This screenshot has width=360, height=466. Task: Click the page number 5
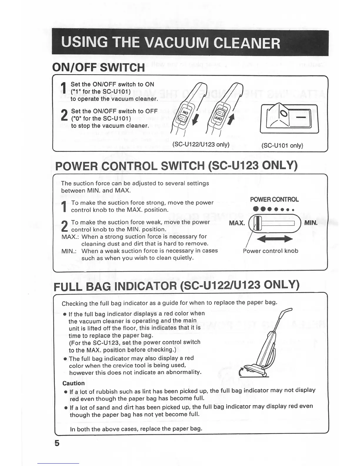[57, 443]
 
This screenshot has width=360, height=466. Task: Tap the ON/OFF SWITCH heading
[98, 67]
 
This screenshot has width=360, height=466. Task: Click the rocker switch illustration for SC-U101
[289, 119]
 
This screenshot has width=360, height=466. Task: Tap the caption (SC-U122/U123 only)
[201, 144]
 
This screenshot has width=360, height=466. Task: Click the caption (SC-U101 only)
[282, 145]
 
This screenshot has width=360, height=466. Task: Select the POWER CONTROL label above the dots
[274, 199]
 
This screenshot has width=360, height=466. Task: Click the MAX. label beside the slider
[237, 223]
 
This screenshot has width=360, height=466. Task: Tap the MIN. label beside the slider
[311, 223]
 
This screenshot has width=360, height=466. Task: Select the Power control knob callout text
[270, 251]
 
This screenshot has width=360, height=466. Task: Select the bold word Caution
[74, 383]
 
